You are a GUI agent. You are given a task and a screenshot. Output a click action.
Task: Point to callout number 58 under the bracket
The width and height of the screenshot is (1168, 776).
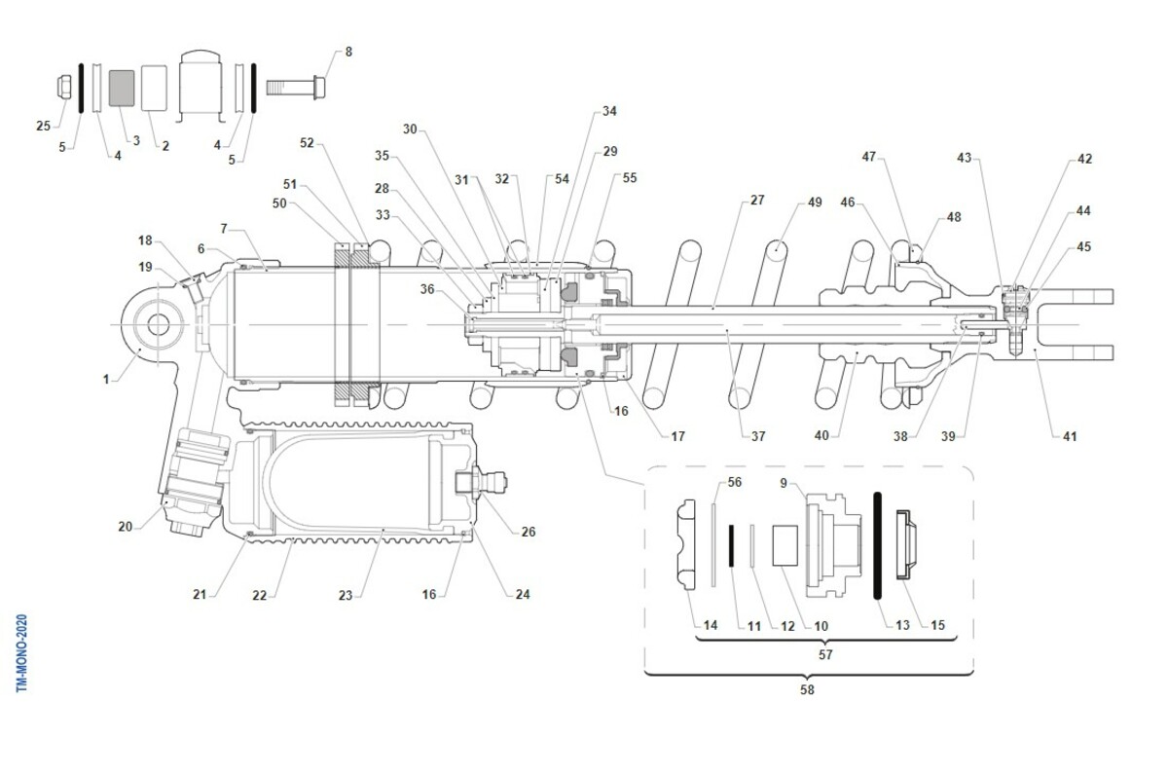coord(807,689)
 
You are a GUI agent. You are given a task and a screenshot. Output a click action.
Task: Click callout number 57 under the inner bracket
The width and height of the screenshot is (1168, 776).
coord(825,655)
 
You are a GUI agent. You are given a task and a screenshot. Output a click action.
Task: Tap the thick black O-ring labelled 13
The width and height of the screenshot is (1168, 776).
coord(878,545)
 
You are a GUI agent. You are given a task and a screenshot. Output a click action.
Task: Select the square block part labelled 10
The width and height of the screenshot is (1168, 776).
coord(785,545)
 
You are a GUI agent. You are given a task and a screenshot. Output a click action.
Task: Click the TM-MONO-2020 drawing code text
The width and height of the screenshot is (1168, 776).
coord(22,653)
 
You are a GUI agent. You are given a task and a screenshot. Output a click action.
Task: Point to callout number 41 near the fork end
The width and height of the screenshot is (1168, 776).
coord(1069,437)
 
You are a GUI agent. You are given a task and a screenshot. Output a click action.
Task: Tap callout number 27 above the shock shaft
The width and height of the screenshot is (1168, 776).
coord(756,201)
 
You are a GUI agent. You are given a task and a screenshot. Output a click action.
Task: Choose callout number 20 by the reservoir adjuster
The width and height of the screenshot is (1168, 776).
coord(125,527)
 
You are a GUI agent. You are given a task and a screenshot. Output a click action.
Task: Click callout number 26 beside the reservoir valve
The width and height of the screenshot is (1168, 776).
coord(528,532)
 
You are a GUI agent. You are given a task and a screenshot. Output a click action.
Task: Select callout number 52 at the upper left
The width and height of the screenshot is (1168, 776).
coord(307,143)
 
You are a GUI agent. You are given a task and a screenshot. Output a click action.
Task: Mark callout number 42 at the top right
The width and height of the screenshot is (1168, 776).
coord(1084,159)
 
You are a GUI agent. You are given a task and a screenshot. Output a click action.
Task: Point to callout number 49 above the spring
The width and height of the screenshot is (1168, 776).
coord(815,203)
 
